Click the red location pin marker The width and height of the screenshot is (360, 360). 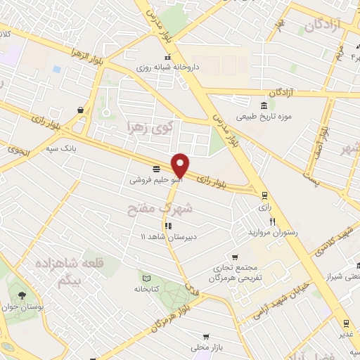[181, 165]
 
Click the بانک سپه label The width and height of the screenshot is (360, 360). [60, 148]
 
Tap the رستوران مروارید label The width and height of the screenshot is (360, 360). [273, 232]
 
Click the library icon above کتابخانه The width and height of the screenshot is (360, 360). [146, 276]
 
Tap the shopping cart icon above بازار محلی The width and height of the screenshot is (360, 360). [205, 336]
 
